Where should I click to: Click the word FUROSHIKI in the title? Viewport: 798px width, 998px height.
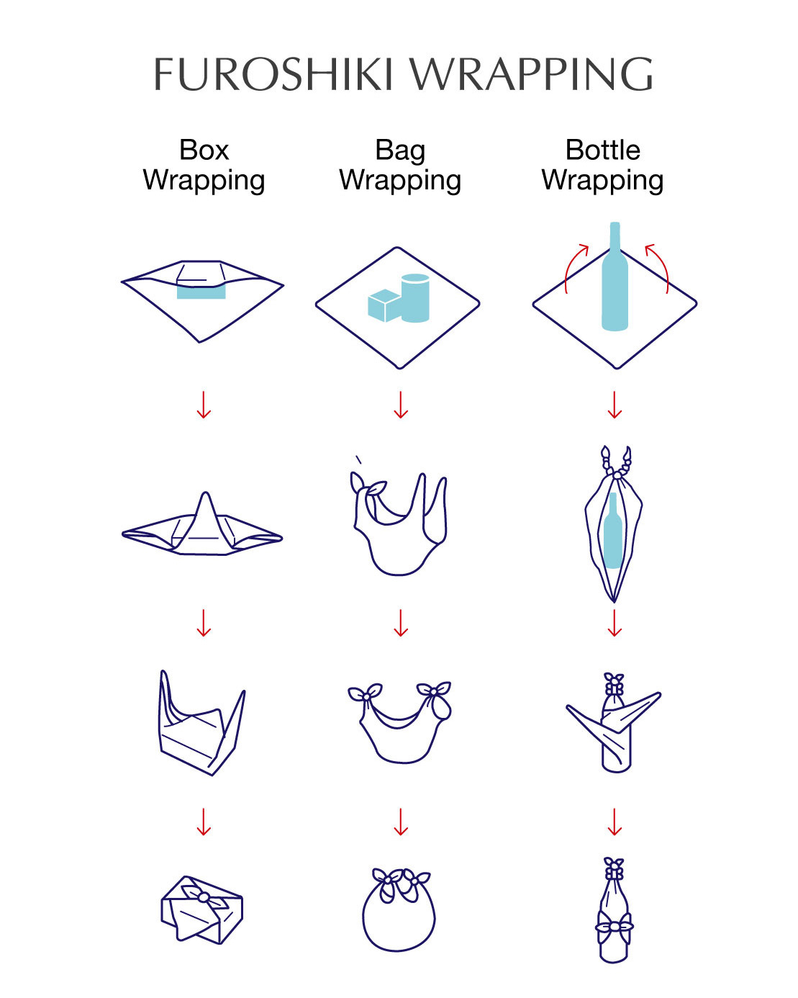click(x=273, y=74)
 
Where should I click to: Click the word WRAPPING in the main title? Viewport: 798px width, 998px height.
click(x=532, y=74)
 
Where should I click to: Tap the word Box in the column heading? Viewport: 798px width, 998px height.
click(x=204, y=150)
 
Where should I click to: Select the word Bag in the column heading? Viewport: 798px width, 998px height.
click(x=400, y=151)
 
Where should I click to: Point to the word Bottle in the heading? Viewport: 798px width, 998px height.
click(x=602, y=150)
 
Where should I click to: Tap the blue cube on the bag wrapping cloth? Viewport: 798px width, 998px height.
click(x=384, y=305)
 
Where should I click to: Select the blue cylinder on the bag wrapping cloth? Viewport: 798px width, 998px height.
click(x=415, y=297)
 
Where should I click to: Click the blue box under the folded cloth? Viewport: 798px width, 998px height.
click(x=201, y=292)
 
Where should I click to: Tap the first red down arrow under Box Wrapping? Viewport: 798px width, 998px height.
click(x=204, y=405)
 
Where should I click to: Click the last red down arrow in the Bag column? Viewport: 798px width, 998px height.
click(x=401, y=822)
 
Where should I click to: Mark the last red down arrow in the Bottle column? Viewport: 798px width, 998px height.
click(x=615, y=822)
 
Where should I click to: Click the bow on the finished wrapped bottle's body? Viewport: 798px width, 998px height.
click(x=614, y=927)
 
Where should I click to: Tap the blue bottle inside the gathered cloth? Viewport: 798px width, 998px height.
click(x=613, y=530)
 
